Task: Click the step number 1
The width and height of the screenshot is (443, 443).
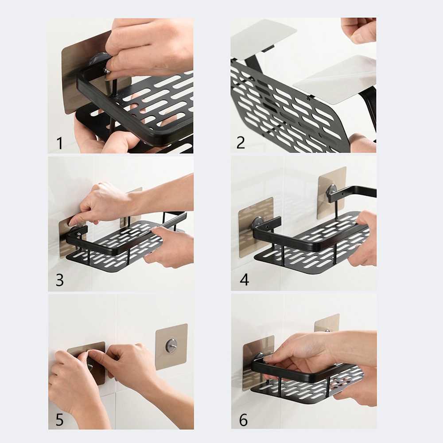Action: [x=59, y=143]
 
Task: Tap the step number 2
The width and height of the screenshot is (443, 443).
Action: [x=241, y=143]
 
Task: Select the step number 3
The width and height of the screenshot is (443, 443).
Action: [x=59, y=280]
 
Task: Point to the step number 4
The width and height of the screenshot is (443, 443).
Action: [x=244, y=280]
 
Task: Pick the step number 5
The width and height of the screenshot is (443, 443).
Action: [x=59, y=420]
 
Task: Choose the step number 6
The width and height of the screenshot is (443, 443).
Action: [x=243, y=420]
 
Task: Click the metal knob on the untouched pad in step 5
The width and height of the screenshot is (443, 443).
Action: [x=171, y=345]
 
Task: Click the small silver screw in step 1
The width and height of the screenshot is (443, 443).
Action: [x=107, y=70]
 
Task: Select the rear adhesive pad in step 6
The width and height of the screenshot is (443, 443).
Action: [x=327, y=323]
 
